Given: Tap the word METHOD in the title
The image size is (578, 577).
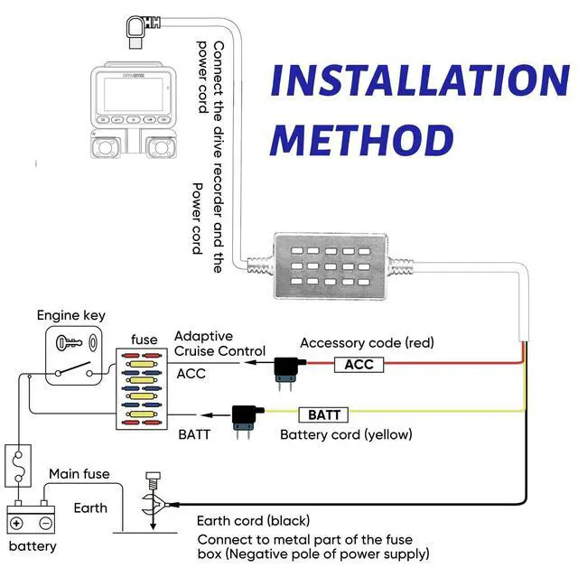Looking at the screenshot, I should point(361,140).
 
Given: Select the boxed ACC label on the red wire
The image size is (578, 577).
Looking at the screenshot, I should point(359,364).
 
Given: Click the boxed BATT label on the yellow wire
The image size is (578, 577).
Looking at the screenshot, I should point(324,414).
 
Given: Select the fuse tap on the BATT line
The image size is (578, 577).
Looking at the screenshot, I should point(244,419).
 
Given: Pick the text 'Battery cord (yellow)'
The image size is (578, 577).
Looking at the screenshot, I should point(346,434).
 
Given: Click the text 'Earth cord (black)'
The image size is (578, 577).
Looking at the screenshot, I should point(254,521).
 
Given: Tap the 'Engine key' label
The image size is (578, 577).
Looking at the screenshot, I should point(71,315).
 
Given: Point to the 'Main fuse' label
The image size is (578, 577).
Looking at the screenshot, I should point(79,473).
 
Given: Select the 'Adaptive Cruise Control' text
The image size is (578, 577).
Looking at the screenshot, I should point(219,343).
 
